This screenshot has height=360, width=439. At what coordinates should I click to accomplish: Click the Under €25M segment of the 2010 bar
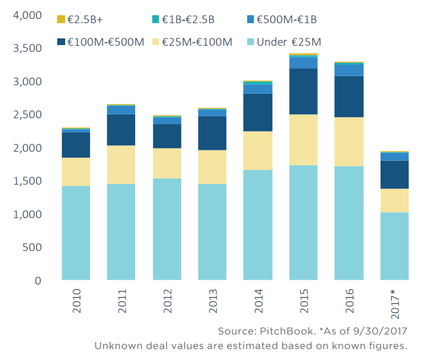click(x=76, y=233)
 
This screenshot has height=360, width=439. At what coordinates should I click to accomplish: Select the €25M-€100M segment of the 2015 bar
click(x=304, y=139)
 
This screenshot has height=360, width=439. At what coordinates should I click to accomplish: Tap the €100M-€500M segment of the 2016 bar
click(x=349, y=96)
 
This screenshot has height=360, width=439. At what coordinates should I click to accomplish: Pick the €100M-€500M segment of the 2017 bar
click(x=395, y=174)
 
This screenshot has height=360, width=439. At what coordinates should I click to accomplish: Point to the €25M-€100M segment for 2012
click(x=167, y=163)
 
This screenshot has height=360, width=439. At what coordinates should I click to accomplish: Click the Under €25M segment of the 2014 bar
click(x=258, y=225)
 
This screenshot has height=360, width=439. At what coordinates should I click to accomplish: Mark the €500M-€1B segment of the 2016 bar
click(x=349, y=69)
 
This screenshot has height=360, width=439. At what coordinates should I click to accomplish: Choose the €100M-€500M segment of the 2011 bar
click(x=121, y=130)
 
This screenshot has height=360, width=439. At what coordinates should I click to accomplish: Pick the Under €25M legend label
click(x=289, y=42)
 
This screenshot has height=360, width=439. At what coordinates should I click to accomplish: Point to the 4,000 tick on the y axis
click(x=28, y=15)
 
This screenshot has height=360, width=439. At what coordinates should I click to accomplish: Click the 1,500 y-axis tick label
click(x=28, y=181)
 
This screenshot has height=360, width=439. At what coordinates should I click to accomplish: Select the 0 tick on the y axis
click(x=37, y=281)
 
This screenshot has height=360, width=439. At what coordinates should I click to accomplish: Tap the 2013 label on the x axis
click(x=212, y=302)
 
